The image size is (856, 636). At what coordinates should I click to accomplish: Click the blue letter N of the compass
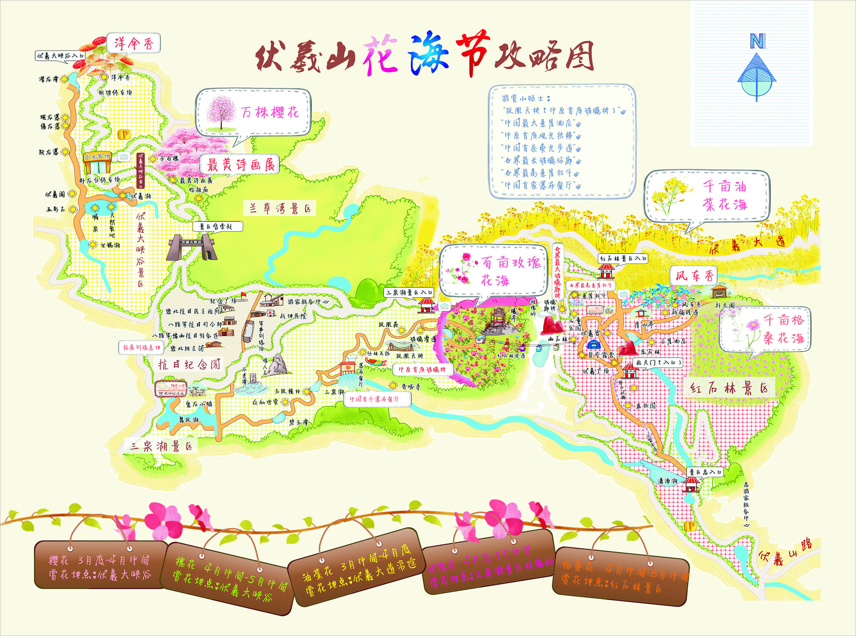757,41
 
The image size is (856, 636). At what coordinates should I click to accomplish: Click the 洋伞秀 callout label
134,43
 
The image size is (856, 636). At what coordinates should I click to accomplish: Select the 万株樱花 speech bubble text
270,113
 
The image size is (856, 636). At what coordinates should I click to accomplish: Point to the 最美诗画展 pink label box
240,164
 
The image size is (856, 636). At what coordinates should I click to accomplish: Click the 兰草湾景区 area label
280,209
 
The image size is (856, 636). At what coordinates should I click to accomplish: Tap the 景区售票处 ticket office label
218,226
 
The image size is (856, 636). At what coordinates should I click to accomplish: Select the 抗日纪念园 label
190,364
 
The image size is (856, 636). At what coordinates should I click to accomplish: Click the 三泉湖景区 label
161,446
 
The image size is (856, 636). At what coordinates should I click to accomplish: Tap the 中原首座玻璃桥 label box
422,369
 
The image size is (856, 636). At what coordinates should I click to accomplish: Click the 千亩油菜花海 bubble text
725,195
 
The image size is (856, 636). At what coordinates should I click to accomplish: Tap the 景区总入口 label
705,472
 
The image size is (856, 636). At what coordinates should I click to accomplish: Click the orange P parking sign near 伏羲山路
690,526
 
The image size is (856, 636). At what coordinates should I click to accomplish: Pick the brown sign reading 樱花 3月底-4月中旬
99,567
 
